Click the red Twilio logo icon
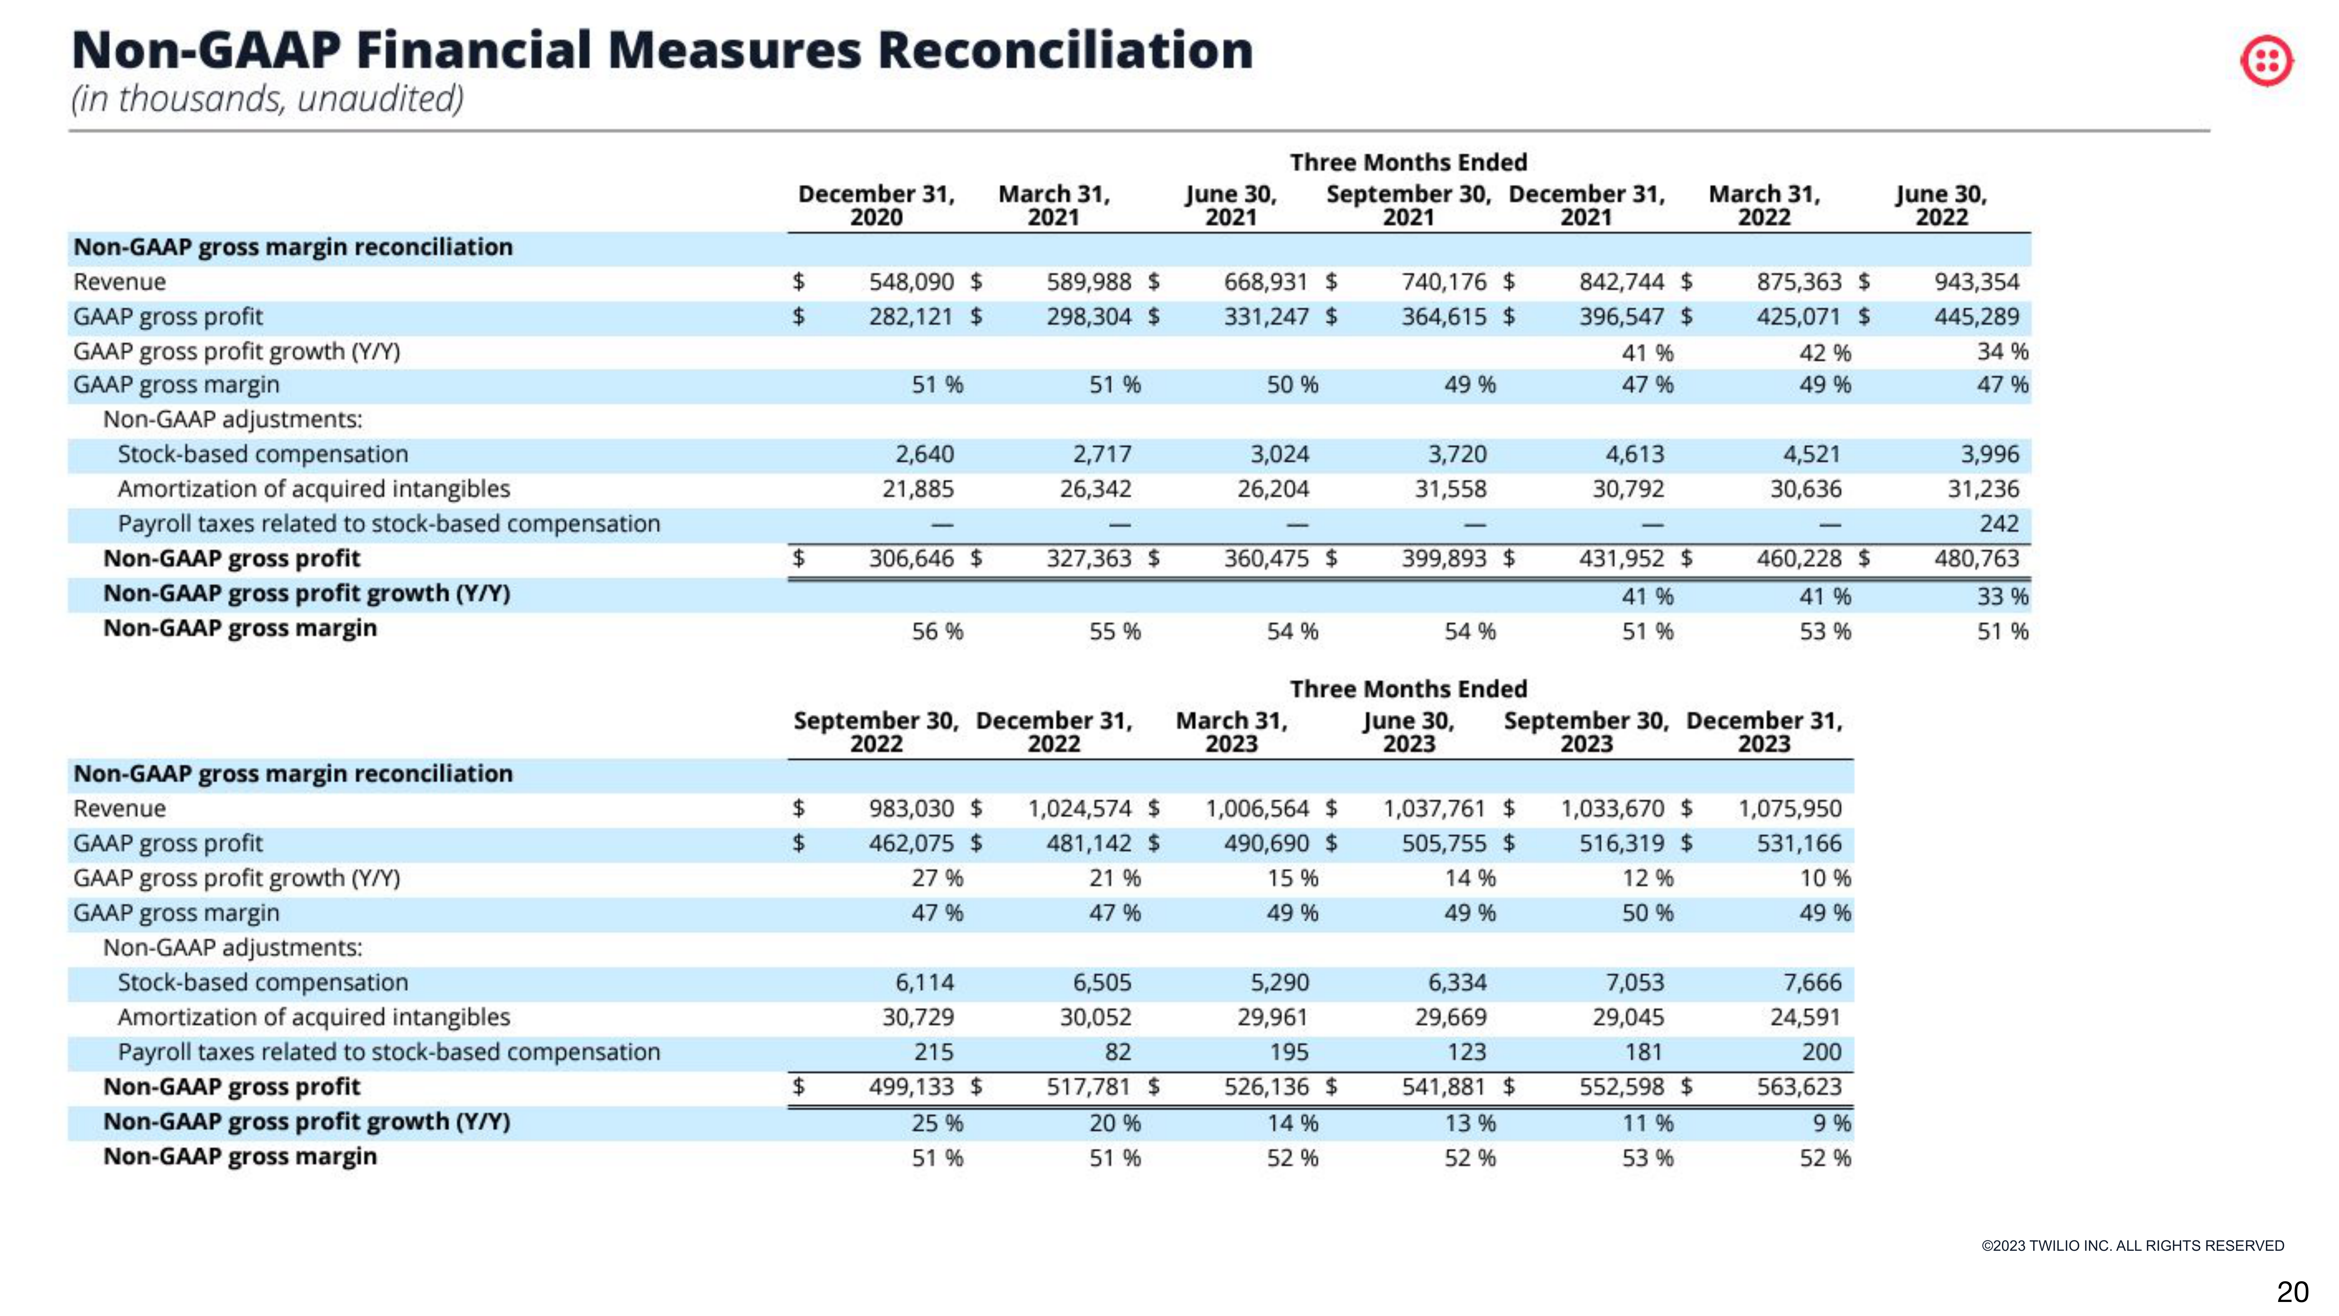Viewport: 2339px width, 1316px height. click(2266, 62)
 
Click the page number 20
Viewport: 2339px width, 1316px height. click(2292, 1291)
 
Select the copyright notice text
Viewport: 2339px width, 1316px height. click(2132, 1245)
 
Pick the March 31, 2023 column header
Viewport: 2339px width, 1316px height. click(1231, 732)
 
